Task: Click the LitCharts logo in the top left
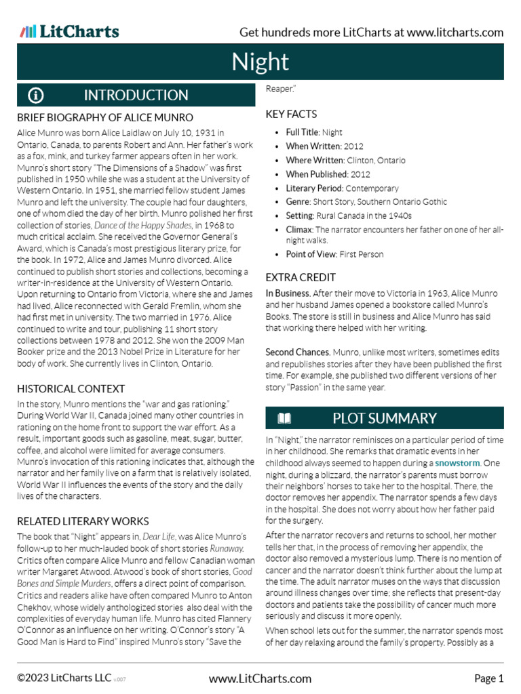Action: (69, 32)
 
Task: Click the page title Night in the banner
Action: (260, 62)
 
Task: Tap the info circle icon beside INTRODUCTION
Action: (36, 96)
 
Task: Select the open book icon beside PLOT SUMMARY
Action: (285, 418)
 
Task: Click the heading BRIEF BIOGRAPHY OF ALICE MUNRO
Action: (105, 117)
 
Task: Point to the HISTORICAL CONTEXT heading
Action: (71, 388)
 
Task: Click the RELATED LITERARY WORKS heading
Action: (83, 521)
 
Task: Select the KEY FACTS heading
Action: (291, 114)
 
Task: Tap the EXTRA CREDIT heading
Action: (301, 277)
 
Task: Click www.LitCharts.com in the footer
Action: (260, 678)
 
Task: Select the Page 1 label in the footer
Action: (488, 678)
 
